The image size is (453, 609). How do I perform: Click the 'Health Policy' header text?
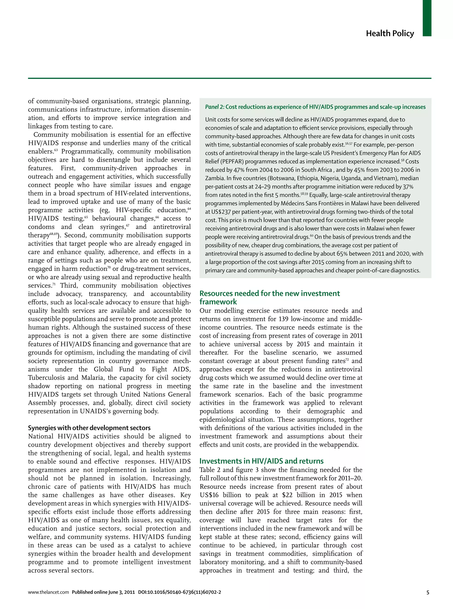(x=390, y=33)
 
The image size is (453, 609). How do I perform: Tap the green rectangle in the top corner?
(x=427, y=18)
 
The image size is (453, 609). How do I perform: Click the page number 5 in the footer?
(x=428, y=592)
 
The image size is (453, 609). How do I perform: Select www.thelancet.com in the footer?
(x=48, y=592)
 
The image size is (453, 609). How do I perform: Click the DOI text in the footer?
(x=179, y=592)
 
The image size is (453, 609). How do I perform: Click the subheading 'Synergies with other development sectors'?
(x=89, y=428)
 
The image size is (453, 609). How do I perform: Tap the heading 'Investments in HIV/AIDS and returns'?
(x=261, y=461)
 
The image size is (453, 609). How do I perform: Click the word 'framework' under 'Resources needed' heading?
(x=218, y=302)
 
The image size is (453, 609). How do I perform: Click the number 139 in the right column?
(x=283, y=319)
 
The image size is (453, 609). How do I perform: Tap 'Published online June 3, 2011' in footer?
(x=103, y=592)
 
